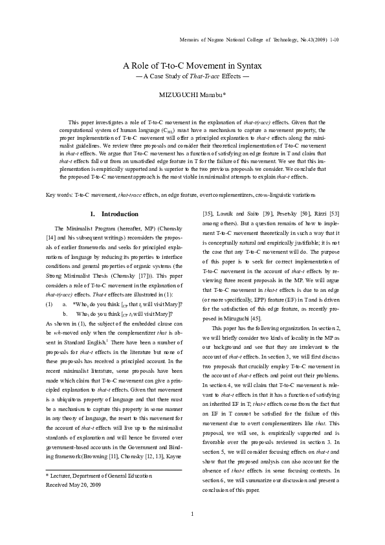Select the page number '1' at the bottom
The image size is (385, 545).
click(192, 515)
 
